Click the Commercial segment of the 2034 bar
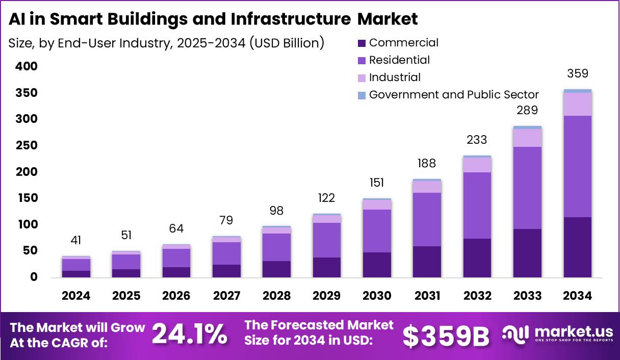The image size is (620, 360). tap(577, 247)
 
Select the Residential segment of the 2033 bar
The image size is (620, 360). tap(527, 188)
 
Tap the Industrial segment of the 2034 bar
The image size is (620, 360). tap(577, 104)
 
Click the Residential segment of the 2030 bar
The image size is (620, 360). tap(377, 231)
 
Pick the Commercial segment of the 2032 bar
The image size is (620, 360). tap(477, 258)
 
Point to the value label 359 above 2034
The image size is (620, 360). tap(577, 73)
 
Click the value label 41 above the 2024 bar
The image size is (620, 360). tap(76, 240)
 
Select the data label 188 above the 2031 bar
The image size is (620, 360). tap(427, 163)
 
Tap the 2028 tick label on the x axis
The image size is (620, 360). tap(276, 296)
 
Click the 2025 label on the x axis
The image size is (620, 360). tap(126, 296)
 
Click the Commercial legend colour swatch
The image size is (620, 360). tap(362, 43)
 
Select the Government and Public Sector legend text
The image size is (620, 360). tap(453, 94)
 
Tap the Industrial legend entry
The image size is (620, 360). tap(395, 77)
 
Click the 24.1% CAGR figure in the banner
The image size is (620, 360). tap(190, 335)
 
